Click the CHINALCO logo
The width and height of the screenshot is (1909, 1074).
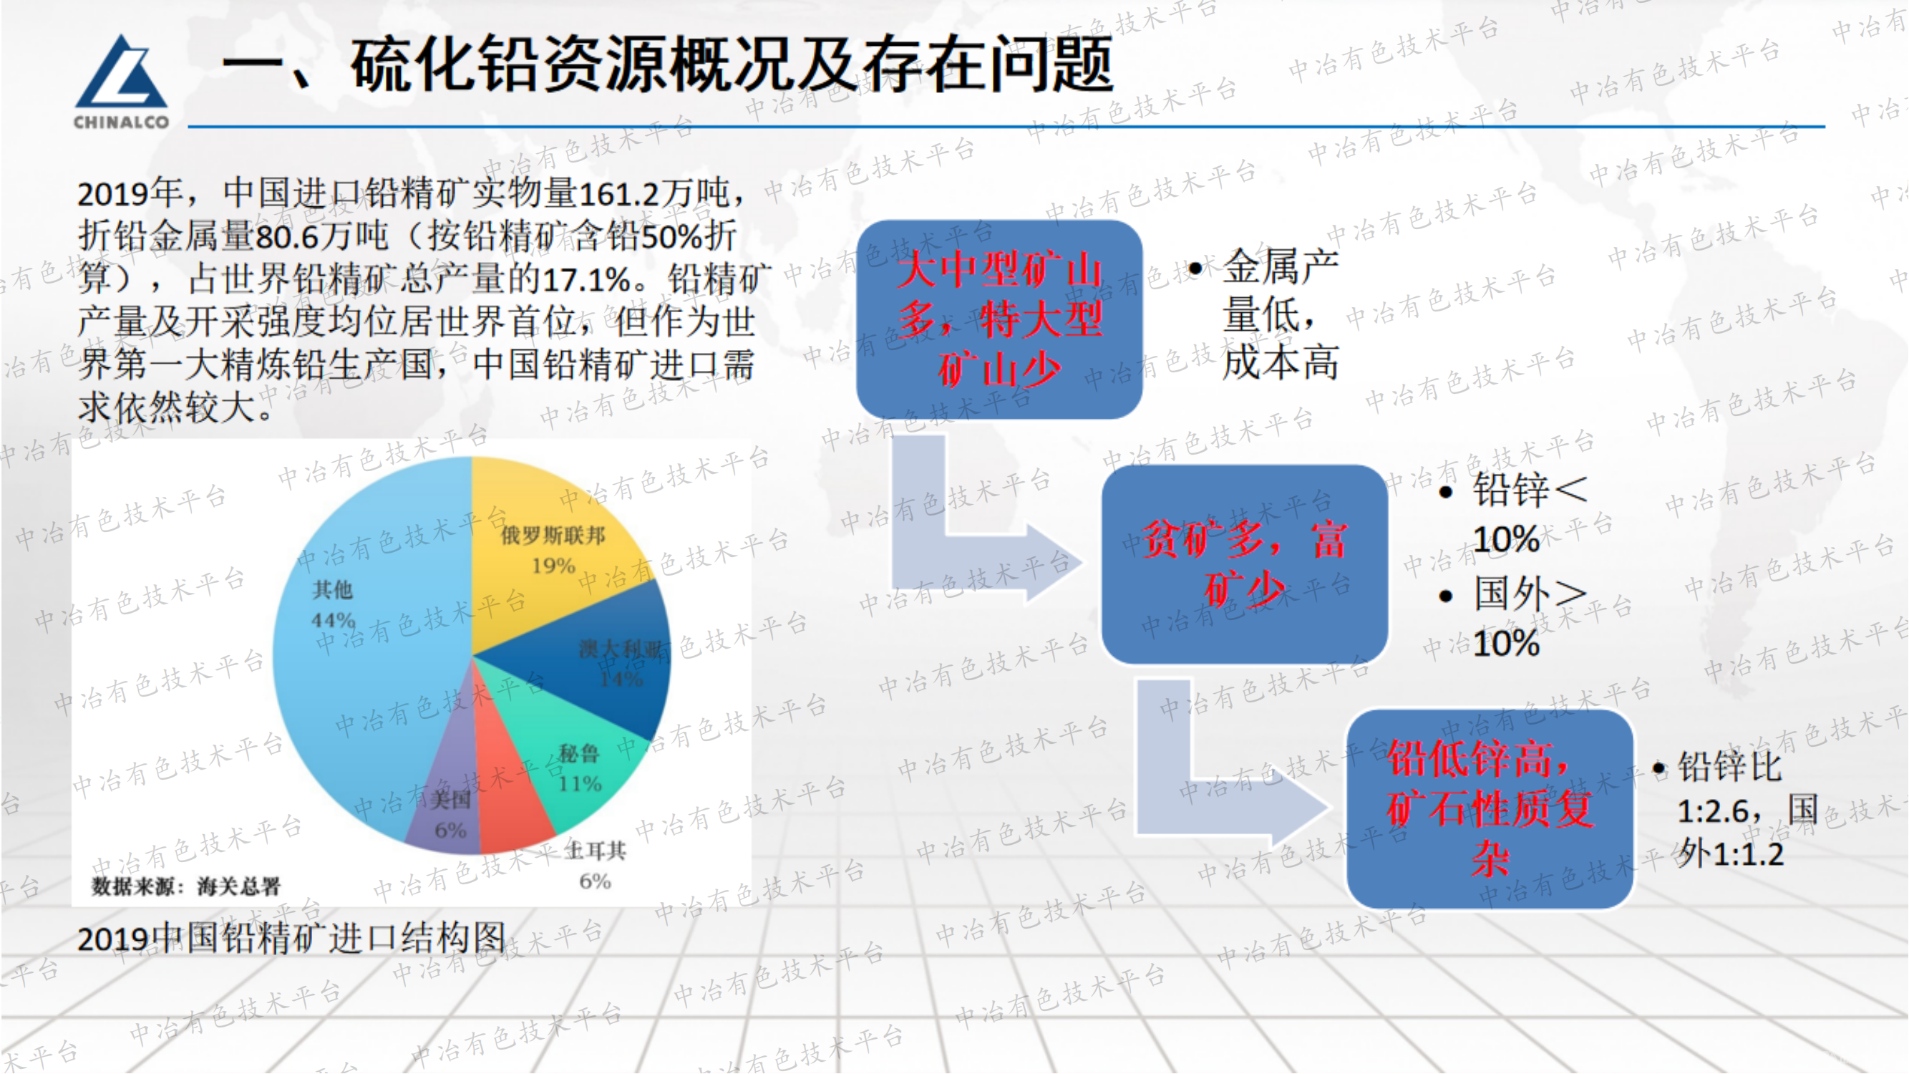[x=121, y=82]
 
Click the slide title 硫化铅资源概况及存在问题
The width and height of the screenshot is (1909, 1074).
[x=730, y=65]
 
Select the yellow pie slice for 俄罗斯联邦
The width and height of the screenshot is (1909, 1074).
[x=548, y=548]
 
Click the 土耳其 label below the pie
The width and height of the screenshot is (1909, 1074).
[x=595, y=851]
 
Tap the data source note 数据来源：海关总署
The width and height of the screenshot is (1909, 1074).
[x=185, y=886]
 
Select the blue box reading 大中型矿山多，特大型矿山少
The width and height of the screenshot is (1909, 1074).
[x=999, y=319]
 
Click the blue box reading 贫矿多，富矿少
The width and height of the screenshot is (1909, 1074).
[x=1243, y=564]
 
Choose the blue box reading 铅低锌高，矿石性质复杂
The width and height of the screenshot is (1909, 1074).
[x=1489, y=808]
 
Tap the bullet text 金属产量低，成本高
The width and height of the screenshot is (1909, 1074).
[x=1280, y=315]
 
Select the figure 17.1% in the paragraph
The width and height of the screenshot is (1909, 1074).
[x=586, y=280]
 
